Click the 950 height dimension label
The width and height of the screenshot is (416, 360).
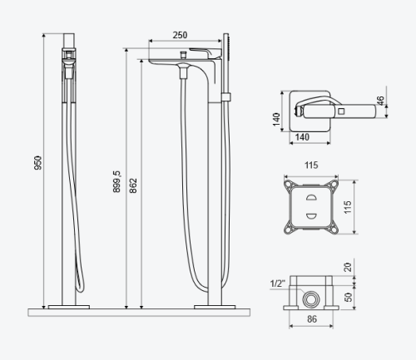37,163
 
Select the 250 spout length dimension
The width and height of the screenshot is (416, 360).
180,35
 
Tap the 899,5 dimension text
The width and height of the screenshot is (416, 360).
116,181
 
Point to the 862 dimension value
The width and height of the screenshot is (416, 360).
133,185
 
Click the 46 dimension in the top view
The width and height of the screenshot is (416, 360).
381,101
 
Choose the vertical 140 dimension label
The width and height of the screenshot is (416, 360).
276,119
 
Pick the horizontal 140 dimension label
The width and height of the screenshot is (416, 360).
302,137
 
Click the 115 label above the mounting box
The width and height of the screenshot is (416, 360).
311,165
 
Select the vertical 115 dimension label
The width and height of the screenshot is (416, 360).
348,207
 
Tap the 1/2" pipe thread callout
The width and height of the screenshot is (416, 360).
278,284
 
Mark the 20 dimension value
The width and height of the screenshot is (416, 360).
348,267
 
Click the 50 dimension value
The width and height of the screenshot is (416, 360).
348,297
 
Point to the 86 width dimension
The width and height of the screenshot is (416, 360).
312,319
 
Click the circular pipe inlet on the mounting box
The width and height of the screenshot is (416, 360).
311,299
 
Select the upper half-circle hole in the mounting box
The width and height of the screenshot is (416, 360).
311,197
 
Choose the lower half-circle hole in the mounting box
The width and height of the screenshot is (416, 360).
311,215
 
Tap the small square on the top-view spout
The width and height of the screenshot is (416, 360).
341,111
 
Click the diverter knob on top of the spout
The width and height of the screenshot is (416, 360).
183,54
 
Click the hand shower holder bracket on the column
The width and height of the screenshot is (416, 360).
225,96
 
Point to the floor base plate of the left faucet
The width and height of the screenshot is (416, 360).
69,307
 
